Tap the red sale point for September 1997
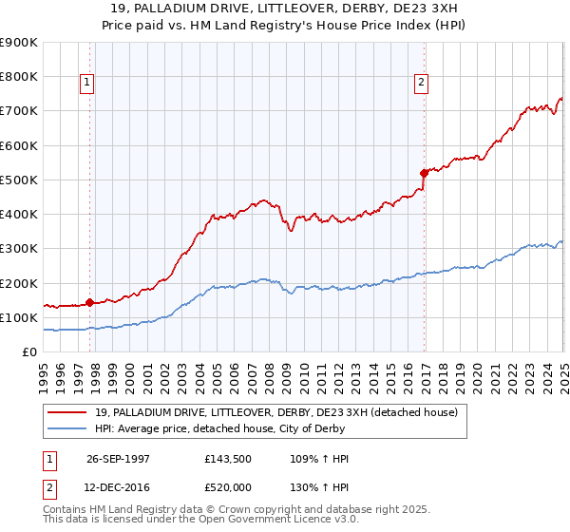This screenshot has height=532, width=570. [89, 303]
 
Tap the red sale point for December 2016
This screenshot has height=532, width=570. [424, 173]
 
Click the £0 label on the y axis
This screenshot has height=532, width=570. [28, 352]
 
